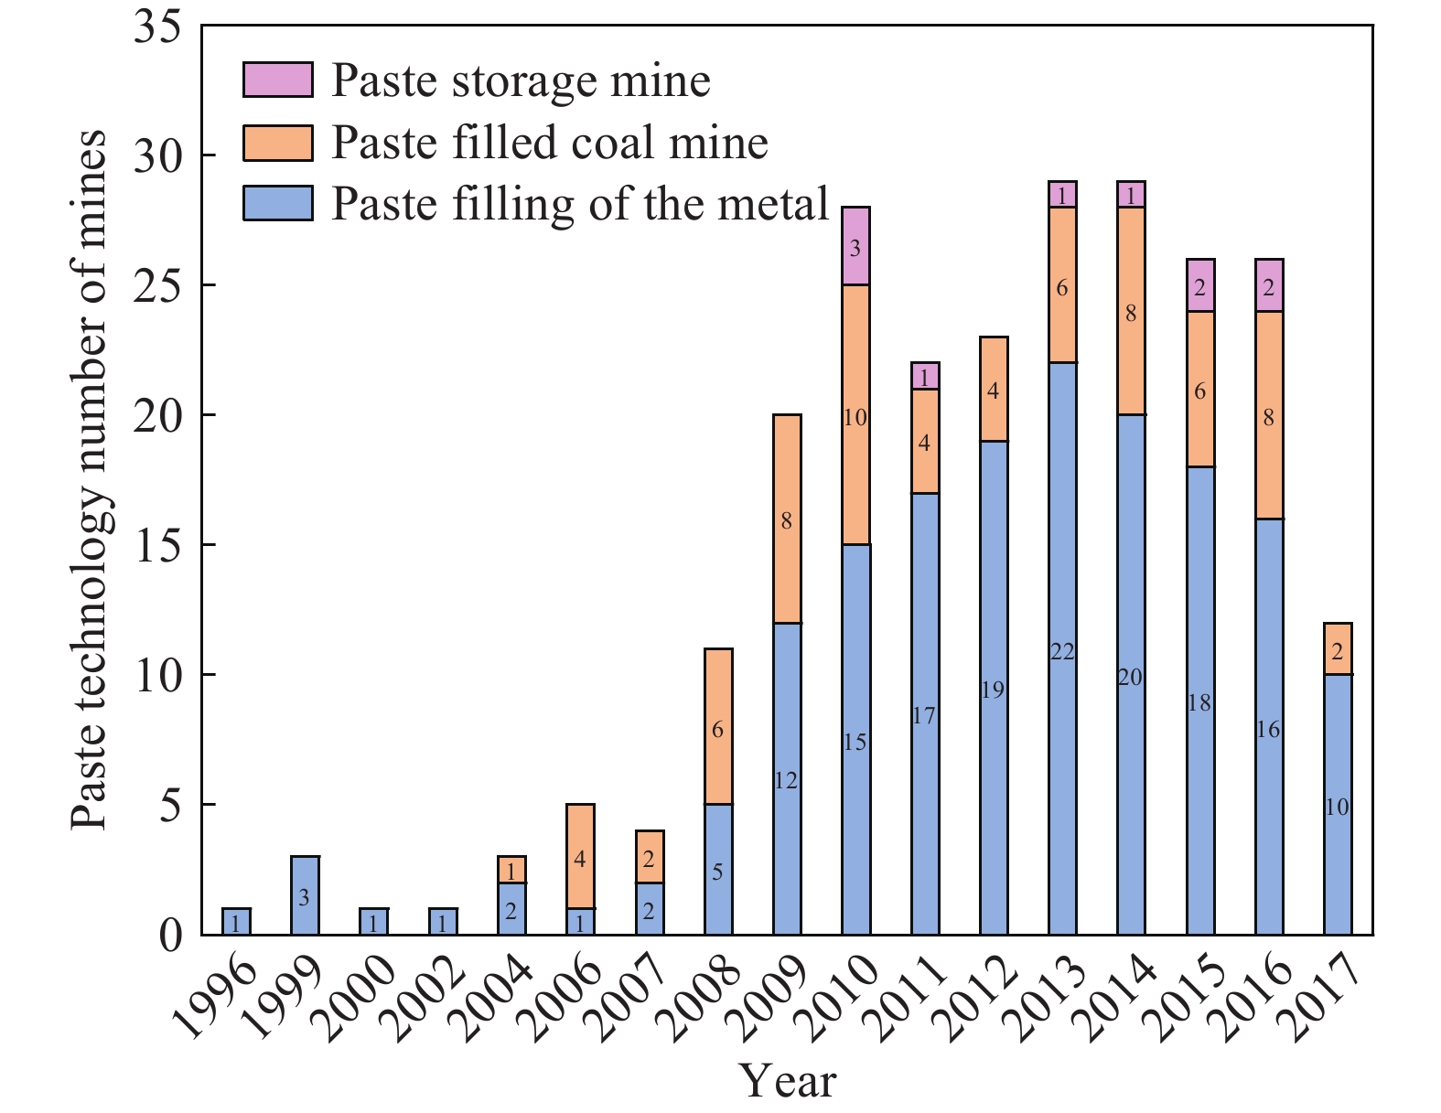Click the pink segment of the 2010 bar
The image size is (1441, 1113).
[x=855, y=246]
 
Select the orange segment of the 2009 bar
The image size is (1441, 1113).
[x=787, y=519]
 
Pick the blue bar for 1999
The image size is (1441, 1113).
[x=305, y=894]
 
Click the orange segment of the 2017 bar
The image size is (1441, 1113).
[x=1338, y=648]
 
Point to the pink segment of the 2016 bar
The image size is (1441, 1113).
[x=1269, y=285]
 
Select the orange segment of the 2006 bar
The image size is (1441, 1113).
[x=580, y=856]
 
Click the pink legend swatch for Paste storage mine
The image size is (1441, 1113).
[x=277, y=80]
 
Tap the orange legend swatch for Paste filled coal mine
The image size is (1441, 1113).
[x=277, y=142]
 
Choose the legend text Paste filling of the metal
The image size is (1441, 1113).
[x=579, y=203]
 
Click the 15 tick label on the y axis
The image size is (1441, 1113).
[x=163, y=545]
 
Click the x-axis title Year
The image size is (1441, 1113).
[x=787, y=1081]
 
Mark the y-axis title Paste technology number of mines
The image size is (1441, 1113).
[x=90, y=480]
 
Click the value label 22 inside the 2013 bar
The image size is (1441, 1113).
[x=1062, y=652]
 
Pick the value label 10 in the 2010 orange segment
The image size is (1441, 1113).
[x=855, y=418]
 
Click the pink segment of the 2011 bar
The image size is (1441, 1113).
[x=925, y=376]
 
